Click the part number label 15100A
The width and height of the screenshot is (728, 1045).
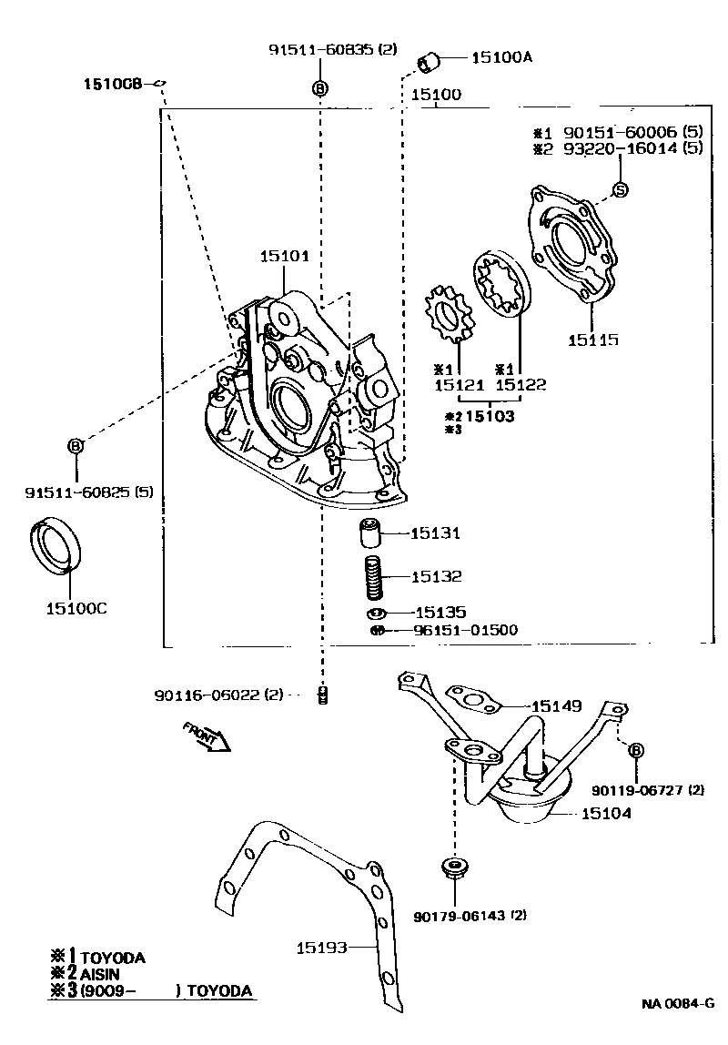tap(501, 57)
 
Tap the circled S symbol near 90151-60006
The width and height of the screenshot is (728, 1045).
tap(620, 190)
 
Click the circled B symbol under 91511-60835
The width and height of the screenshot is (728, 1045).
tap(319, 88)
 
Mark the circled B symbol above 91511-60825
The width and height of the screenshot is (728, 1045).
tap(76, 445)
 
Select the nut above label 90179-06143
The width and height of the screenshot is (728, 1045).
tap(452, 866)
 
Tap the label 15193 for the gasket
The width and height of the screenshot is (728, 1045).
tap(322, 948)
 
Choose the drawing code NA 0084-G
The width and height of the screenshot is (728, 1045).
tap(675, 1004)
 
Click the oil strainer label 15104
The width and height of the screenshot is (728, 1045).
tap(606, 814)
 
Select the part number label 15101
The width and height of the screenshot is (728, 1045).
tap(284, 257)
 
